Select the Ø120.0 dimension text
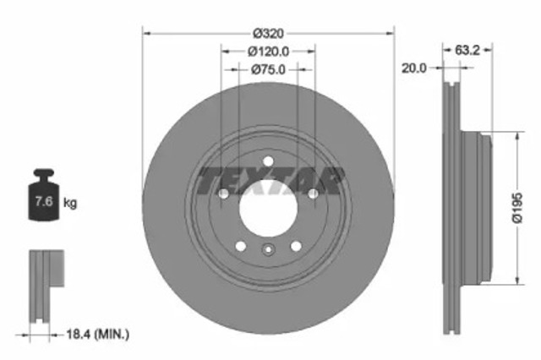point(268,52)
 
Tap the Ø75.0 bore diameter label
point(268,70)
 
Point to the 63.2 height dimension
point(467,50)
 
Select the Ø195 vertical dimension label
point(517,207)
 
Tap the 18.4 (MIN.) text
point(98,335)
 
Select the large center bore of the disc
point(268,208)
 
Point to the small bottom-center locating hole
point(268,249)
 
